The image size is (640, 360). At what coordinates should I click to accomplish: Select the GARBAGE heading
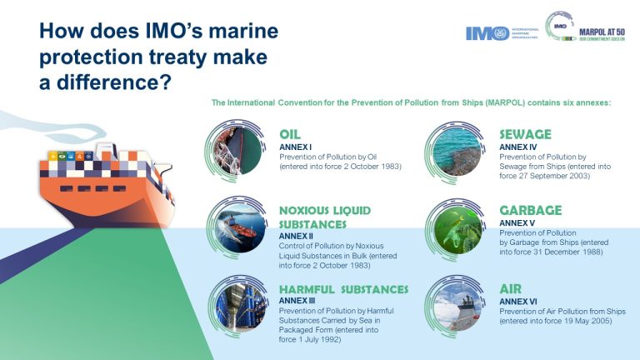point(530,210)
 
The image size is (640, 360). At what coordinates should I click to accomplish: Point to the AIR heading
point(511,288)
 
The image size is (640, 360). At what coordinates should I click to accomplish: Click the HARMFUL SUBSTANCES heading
point(343,289)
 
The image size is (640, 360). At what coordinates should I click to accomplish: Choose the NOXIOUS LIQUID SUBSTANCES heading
point(324,217)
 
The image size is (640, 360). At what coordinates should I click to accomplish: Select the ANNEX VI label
point(520,301)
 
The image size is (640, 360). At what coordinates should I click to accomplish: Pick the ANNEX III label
point(298,301)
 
